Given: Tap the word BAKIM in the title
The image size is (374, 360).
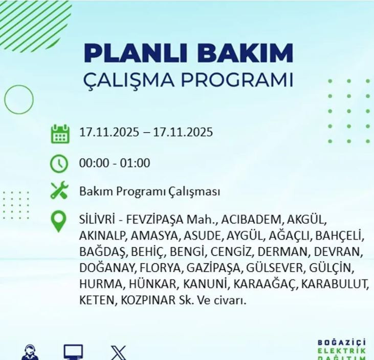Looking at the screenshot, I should coord(244,53).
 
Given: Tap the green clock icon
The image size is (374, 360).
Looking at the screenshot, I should coord(59,163).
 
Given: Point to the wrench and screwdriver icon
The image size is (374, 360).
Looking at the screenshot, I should coord(60,191).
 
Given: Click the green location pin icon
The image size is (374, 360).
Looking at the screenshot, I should coord(59,221).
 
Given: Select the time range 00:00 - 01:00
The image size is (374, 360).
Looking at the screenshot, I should coord(114,163).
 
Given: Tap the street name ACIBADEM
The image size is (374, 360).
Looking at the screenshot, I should coord(252,220).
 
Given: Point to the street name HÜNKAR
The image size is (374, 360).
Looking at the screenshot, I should coord(154,284).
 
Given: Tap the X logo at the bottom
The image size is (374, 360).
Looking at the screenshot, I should coord(118,353).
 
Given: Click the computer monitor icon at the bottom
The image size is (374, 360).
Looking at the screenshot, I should coord(73,352).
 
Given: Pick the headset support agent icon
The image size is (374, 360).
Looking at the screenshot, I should coord(30,353).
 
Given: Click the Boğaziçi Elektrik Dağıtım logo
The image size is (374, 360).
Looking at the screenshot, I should coord(342,350).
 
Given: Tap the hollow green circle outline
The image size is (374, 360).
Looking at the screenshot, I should coord(19,99).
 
